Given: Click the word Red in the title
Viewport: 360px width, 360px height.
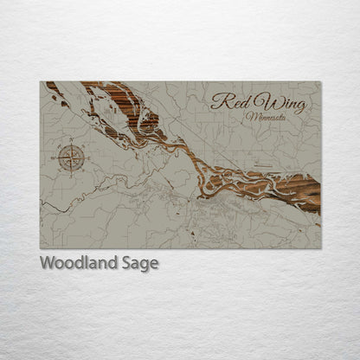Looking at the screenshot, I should (227, 100).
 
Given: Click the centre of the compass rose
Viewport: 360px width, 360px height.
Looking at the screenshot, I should (71, 158).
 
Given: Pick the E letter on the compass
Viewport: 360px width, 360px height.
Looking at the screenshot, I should (86, 158).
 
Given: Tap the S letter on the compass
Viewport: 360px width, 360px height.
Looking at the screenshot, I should (71, 173).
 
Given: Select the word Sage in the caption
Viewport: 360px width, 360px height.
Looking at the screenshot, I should (139, 263).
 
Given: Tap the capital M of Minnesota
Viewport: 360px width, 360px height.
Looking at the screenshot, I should (249, 115).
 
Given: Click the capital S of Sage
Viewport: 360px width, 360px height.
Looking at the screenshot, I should (126, 262).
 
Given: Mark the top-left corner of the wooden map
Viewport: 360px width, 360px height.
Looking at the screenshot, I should (41, 82).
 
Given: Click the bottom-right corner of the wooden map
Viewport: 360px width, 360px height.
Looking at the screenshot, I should (320, 248).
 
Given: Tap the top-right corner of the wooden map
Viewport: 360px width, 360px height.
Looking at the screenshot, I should (320, 82).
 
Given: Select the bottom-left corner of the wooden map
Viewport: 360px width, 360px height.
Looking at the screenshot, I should (41, 248).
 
